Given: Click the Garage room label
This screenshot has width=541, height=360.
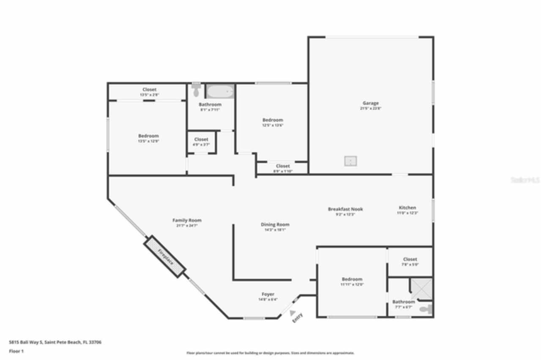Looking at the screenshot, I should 370,103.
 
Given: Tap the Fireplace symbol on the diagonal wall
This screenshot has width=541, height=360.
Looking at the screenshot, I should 165,256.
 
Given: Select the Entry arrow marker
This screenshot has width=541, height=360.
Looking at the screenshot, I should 292,312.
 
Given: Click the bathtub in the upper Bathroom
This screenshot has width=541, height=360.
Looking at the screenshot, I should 220,91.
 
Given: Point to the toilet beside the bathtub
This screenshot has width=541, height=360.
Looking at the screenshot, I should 196,90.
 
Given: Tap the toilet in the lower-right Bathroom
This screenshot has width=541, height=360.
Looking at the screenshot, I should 425,309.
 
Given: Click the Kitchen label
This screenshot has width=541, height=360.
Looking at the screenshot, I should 407,208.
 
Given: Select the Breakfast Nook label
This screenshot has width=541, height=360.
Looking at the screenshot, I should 345,209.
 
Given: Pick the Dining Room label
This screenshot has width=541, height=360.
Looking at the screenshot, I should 275,225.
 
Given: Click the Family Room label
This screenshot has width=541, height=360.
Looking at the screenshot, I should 187,220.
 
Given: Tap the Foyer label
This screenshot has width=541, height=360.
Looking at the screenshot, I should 268,294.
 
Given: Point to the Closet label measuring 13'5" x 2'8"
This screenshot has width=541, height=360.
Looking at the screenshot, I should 149,90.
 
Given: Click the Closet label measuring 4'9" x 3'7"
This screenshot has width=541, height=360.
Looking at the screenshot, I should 201,139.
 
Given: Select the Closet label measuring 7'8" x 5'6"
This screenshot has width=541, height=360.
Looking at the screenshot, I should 410,259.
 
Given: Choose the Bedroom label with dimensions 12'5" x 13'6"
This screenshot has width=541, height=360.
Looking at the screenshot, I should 273,120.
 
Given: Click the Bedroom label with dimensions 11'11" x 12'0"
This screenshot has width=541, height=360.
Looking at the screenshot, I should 352,279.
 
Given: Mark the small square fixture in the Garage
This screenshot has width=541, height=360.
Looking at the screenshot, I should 350,161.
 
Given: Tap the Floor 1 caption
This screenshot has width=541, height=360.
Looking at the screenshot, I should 16,351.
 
